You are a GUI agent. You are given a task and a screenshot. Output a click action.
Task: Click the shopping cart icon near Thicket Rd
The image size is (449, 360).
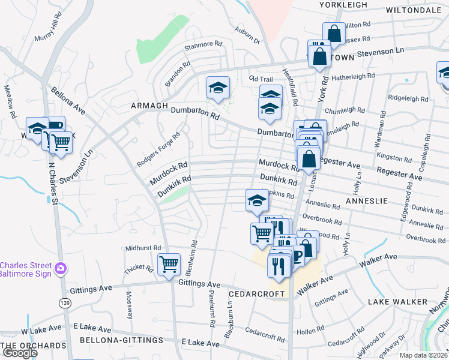(x=169, y=263)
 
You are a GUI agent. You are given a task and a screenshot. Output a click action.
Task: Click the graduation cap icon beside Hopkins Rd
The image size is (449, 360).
(x=257, y=200)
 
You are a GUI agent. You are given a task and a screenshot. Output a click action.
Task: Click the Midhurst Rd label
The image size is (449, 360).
(x=143, y=248)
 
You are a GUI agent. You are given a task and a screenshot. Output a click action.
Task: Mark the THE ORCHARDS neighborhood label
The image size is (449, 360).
(x=33, y=346)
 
